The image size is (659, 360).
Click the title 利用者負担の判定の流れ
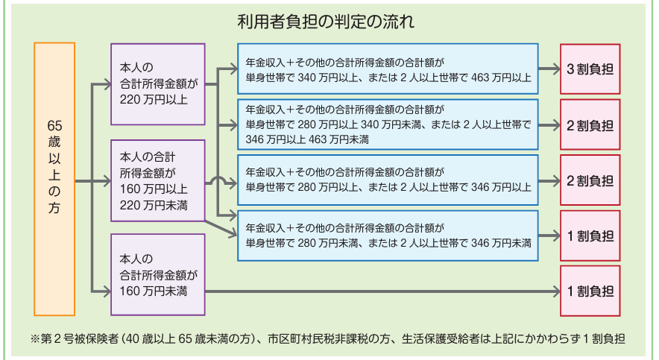326,22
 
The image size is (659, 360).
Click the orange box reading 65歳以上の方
54,179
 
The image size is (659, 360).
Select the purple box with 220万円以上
158,84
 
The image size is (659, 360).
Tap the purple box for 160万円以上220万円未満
158,180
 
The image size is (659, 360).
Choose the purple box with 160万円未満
158,275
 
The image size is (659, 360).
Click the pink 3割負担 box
590,69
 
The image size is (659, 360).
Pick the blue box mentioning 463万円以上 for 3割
388,69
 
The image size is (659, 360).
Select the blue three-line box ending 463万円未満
388,124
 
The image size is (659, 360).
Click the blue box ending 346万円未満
388,236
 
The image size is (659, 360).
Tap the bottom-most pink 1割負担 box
590,291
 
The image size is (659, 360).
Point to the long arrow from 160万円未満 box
382,291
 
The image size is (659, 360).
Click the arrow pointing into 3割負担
549,69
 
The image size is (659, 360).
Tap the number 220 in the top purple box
129,100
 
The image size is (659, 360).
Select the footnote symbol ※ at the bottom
34,338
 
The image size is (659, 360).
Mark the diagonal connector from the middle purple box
221,228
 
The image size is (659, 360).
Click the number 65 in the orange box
54,126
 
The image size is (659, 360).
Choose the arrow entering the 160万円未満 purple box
101,291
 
